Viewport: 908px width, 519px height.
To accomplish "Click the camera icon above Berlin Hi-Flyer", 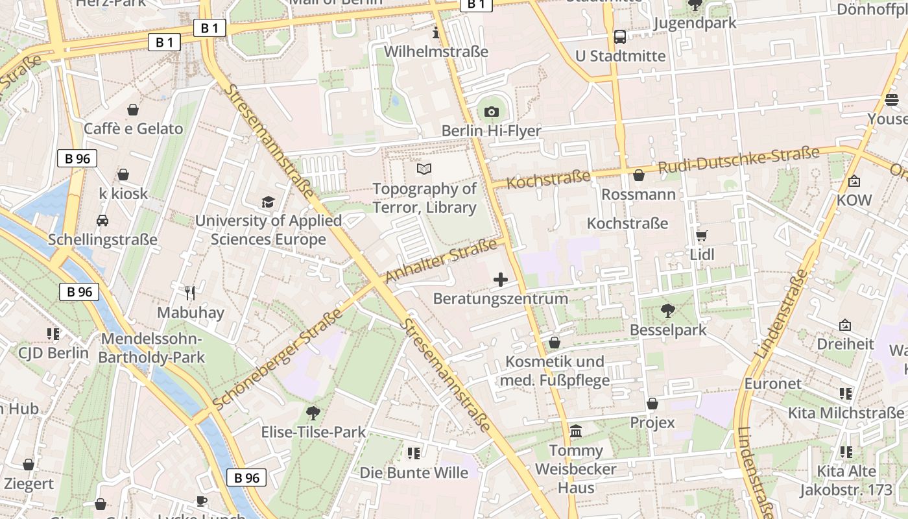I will [491, 112].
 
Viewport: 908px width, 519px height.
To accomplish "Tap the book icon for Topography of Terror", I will [424, 169].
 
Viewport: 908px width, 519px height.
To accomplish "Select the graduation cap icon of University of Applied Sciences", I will [268, 202].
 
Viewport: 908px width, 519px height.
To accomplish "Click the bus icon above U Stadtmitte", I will [620, 36].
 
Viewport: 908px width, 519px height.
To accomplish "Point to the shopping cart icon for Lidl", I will [701, 235].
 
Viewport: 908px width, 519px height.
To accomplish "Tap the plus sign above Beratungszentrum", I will [501, 280].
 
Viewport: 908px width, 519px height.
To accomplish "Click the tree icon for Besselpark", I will [667, 311].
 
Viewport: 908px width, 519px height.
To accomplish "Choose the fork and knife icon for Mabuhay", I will [190, 293].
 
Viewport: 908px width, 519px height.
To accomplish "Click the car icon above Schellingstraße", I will [102, 221].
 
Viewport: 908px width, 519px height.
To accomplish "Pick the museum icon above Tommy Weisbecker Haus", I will [575, 431].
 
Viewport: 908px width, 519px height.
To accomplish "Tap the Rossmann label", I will [638, 194].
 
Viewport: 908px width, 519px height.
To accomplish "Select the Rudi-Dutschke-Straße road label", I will [738, 160].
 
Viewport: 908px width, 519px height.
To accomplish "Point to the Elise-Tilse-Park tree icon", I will [313, 413].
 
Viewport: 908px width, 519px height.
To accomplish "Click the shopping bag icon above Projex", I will [652, 404].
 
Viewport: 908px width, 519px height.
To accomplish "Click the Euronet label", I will [772, 383].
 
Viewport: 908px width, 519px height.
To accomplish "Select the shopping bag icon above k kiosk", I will [123, 175].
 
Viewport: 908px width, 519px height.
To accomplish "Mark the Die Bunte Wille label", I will [414, 473].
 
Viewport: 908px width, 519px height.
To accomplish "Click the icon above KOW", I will [854, 181].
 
